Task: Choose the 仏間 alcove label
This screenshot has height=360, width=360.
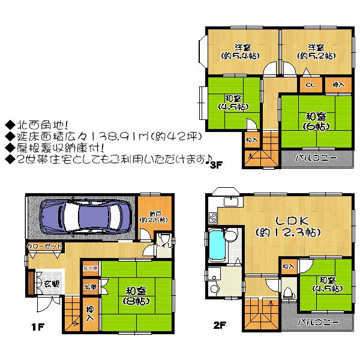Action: click(x=88, y=287)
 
